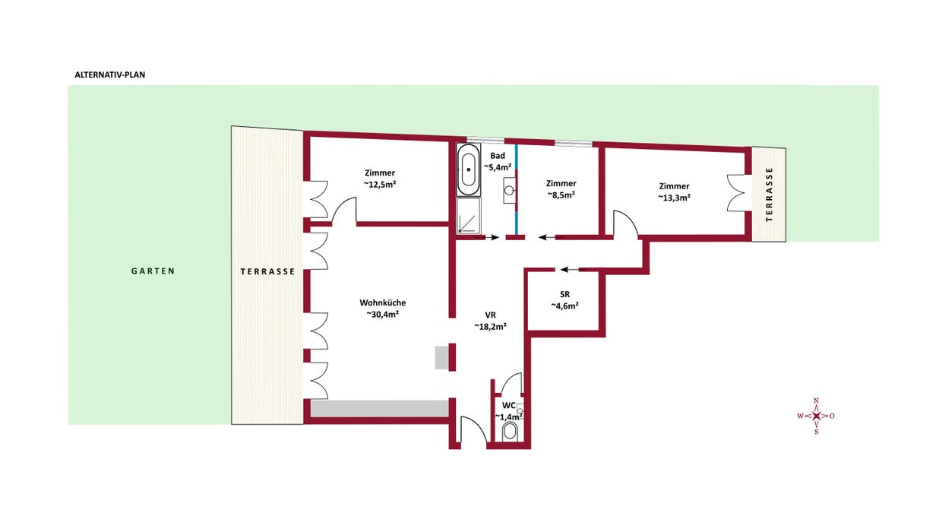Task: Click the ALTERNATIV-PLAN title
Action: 110,74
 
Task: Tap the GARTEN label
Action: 153,271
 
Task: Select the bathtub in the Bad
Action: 469,169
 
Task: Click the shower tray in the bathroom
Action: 469,216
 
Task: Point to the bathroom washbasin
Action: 509,190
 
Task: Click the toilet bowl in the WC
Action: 511,432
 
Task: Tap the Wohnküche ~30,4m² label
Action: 383,308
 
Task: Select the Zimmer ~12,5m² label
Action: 380,178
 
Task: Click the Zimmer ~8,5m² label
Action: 561,188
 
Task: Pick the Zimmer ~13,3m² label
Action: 674,192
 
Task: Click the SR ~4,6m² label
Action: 564,299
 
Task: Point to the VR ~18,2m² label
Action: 491,320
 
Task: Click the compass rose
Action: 816,416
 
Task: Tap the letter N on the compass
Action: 816,401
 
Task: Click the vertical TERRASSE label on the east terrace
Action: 769,195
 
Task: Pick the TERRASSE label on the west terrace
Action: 267,271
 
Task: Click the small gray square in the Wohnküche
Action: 442,358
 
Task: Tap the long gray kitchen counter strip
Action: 380,409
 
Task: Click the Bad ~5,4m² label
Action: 498,161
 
